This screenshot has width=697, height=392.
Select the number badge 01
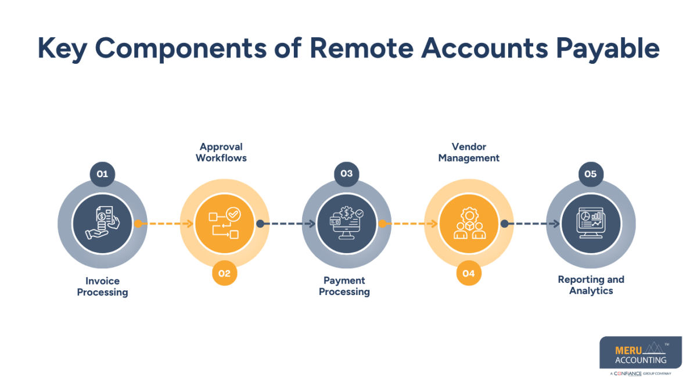(102, 174)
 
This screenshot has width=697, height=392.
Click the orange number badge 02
(224, 274)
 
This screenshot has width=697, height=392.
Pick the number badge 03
(347, 174)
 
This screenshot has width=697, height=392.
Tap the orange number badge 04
(469, 274)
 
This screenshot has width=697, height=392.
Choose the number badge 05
(591, 174)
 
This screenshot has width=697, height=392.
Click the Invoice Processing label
(102, 286)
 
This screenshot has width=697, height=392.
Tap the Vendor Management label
(469, 152)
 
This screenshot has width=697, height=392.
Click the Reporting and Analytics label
(591, 285)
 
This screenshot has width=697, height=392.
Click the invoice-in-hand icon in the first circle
(102, 224)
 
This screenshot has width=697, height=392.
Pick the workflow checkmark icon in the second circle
(224, 224)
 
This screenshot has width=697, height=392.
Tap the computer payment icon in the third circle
(347, 224)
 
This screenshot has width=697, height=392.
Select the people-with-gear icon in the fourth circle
(469, 224)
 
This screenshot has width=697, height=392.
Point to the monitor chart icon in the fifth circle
(591, 224)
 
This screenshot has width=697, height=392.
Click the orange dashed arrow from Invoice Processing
(165, 224)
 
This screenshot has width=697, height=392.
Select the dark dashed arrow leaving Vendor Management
(531, 224)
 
